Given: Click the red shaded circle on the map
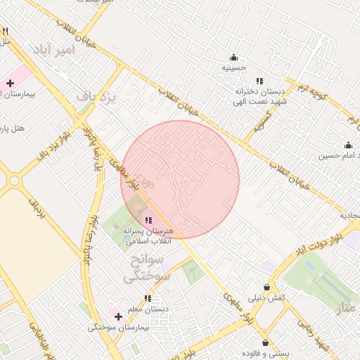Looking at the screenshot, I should [x=180, y=179].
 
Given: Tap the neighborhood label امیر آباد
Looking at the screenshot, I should [x=51, y=49].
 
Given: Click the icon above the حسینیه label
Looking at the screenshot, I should [x=233, y=57].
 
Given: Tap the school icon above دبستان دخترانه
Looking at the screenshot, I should [x=260, y=81].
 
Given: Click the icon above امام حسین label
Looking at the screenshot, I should [x=348, y=143].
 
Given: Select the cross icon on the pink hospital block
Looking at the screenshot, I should [x=10, y=84].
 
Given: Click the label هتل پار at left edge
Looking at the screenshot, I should [x=13, y=129].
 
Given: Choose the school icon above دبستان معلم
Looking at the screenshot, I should [x=148, y=298].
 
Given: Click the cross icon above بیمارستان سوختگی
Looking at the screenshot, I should [x=117, y=316].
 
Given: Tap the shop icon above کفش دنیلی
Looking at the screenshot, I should [x=266, y=287].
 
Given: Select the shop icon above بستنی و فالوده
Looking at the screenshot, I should [x=265, y=341].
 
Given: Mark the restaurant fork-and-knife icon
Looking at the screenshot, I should [x=6, y=31].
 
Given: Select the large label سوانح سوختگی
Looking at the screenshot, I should [x=148, y=269].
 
